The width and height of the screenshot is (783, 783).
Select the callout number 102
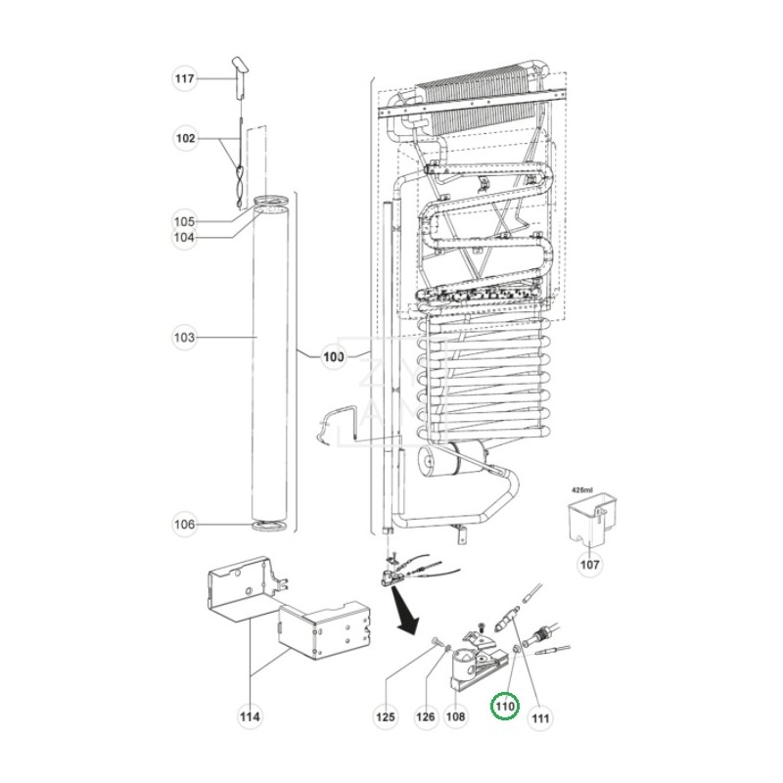point(184,139)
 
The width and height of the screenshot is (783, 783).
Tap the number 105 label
point(184,220)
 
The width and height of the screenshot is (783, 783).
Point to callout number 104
point(184,237)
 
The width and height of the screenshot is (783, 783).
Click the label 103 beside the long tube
point(184,338)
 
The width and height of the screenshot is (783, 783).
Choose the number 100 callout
point(334,357)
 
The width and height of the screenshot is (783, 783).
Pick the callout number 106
point(184,525)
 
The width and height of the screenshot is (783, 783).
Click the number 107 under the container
point(591,564)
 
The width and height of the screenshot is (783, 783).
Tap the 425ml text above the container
point(583,486)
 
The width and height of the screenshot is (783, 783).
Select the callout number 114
point(250,717)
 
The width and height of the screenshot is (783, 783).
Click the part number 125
point(387,717)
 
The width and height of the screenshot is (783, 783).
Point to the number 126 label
point(426,717)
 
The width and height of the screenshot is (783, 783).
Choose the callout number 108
point(456,717)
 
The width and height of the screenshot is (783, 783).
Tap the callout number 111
point(540,717)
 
